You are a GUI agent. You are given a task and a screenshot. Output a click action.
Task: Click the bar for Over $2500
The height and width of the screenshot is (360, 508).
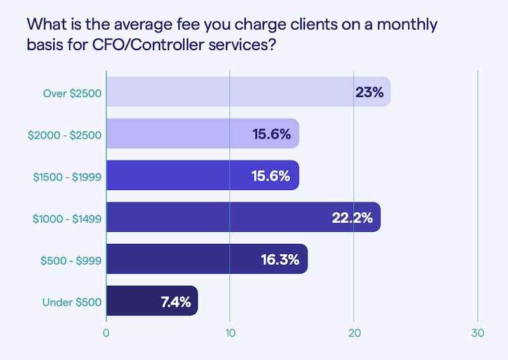[x=248, y=91]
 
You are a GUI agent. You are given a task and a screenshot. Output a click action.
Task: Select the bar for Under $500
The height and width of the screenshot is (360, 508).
[x=152, y=301]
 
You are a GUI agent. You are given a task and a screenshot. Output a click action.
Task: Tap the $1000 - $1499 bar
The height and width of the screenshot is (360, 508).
[x=243, y=217]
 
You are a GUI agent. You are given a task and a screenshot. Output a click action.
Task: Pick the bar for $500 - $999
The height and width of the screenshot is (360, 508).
[x=206, y=259]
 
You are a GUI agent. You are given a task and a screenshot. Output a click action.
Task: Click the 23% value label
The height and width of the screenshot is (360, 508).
[x=369, y=92]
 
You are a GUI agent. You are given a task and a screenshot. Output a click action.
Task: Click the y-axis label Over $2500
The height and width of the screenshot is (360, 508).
[x=72, y=92]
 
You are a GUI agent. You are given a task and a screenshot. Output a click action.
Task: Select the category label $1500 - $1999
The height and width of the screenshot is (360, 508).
[x=67, y=177]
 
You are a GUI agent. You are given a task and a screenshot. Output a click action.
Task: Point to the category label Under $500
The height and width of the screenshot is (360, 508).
[x=72, y=302]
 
